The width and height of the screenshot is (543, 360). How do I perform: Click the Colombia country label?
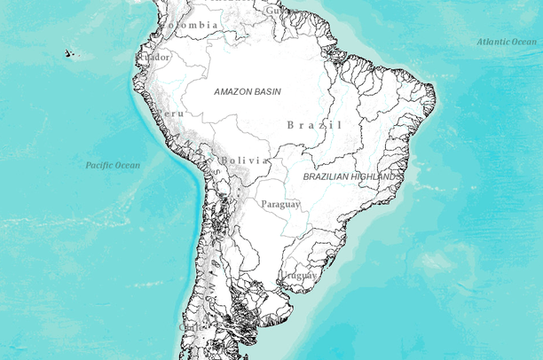[x=188, y=26]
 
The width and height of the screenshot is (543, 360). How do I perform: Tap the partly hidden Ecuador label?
[x=152, y=58]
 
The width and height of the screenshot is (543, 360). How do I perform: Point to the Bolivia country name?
[x=245, y=160]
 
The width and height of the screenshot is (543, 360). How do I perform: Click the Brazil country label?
[x=314, y=125]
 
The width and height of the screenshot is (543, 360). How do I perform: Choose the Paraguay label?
[x=280, y=205]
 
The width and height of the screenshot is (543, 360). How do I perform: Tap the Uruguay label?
[x=299, y=276]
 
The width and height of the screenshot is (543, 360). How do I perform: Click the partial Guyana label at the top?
[x=271, y=11]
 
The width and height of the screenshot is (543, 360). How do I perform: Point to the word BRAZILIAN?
[x=329, y=177]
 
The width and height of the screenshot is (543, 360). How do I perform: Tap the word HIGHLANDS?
[x=378, y=177]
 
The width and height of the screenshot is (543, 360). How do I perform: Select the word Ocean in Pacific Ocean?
[x=129, y=166]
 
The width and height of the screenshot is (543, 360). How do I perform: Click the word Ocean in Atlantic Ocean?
[x=523, y=42]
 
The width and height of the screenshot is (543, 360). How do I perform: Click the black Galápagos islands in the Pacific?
[x=69, y=54]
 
